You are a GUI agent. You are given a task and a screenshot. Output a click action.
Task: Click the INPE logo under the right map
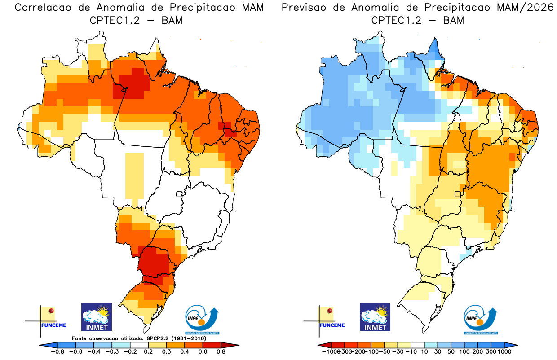click(480, 320)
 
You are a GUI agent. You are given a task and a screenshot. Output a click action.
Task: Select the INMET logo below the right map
click(375, 317)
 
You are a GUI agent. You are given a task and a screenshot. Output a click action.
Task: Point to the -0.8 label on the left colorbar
click(57, 351)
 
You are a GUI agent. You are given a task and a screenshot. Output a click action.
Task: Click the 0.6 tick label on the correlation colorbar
click(200, 351)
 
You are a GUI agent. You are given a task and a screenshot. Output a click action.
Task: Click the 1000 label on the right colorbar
click(504, 351)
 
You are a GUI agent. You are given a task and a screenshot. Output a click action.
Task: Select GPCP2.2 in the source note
click(159, 338)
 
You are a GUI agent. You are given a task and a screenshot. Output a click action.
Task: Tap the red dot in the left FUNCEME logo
click(51, 311)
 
